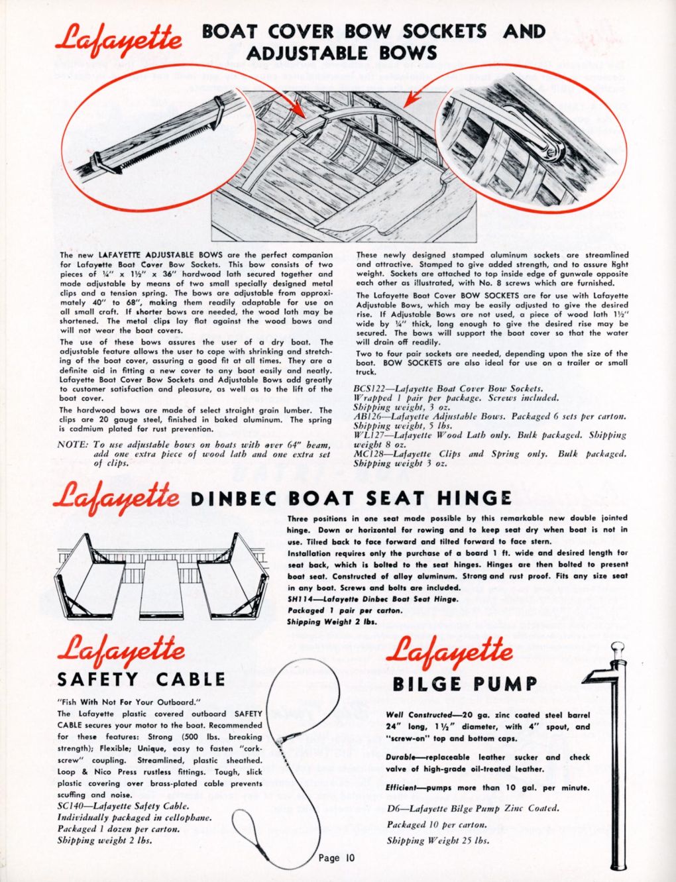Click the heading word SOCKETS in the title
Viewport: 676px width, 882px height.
(444, 31)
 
